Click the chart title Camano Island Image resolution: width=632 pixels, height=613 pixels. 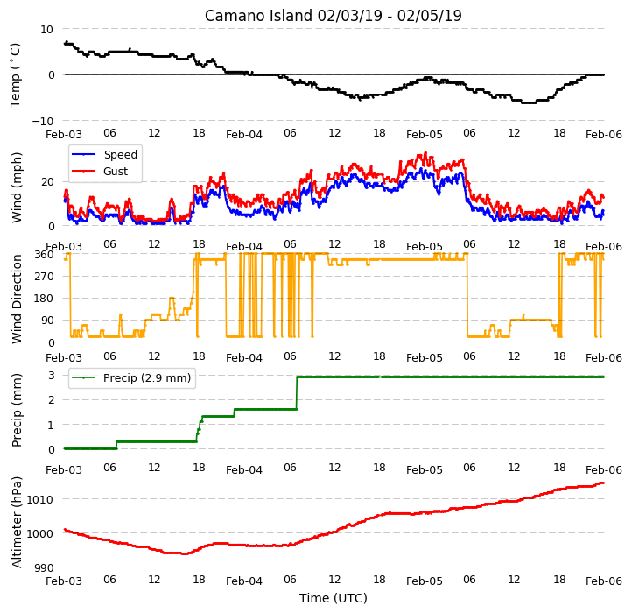point(258,16)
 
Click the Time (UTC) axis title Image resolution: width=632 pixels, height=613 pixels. point(334,598)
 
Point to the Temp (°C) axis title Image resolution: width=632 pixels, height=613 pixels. point(15,75)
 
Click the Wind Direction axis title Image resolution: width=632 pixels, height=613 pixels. point(17,299)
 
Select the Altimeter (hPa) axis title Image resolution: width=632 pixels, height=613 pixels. point(17,522)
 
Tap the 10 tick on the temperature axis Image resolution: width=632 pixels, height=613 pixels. point(46,30)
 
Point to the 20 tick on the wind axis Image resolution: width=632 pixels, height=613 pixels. point(47,182)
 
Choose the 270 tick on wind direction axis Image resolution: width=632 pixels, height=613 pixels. point(46,277)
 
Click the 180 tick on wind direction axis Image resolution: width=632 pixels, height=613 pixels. point(46,299)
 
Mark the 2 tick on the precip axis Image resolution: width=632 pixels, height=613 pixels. point(51,400)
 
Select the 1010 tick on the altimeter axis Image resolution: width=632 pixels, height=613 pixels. point(40,500)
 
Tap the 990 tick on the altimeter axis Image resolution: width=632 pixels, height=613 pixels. point(44,568)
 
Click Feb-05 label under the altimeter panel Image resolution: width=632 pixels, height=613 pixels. point(425,581)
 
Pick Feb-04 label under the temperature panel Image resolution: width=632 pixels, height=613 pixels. point(244,135)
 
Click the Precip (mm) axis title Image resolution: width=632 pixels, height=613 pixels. point(17,411)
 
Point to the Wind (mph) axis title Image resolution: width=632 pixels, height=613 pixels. point(17,187)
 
